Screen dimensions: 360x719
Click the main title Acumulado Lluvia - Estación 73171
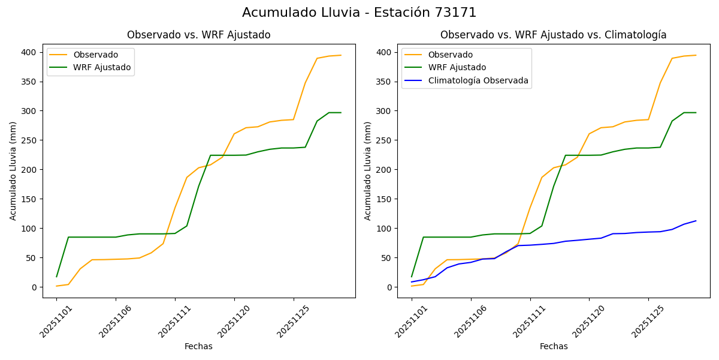tap(359, 13)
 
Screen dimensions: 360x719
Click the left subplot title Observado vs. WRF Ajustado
tap(198, 35)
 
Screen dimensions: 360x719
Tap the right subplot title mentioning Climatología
tap(553, 35)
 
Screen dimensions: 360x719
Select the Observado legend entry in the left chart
tap(95, 55)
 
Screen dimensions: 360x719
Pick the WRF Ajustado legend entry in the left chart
tap(102, 67)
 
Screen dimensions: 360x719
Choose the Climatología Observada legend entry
tap(478, 80)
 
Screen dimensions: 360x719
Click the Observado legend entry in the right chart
tap(450, 55)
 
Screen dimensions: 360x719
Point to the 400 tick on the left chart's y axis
tap(30, 52)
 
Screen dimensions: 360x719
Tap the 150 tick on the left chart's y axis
tap(30, 199)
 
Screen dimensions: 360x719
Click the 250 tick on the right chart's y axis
tap(385, 140)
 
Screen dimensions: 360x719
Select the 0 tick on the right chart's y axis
tap(389, 287)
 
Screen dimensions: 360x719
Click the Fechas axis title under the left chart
tap(198, 346)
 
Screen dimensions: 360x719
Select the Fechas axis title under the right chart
tap(554, 346)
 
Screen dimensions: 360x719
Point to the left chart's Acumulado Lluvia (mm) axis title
tap(13, 170)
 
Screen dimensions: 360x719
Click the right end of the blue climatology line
tap(696, 221)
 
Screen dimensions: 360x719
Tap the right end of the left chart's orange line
tap(340, 55)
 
